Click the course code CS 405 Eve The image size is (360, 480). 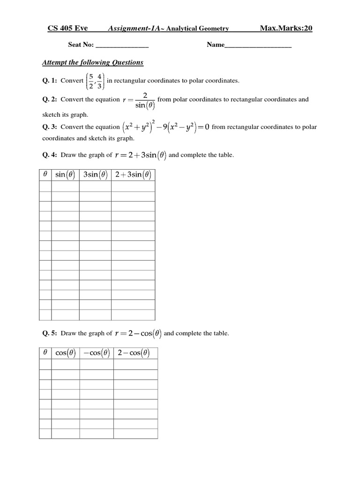(67, 29)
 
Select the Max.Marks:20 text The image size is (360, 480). (286, 29)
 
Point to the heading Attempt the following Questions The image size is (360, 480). (93, 62)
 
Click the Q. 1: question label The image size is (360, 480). (50, 81)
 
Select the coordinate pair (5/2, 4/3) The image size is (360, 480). (96, 81)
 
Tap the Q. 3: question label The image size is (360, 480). (50, 127)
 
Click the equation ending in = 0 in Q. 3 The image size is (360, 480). (166, 127)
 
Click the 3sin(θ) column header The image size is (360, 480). (95, 175)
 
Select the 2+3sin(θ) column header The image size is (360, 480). (133, 175)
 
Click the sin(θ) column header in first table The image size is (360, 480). (65, 175)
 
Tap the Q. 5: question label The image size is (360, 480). (50, 334)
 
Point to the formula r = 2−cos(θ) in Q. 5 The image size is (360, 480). (138, 333)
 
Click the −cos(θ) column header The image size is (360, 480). (96, 353)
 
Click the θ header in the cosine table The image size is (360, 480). (45, 353)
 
